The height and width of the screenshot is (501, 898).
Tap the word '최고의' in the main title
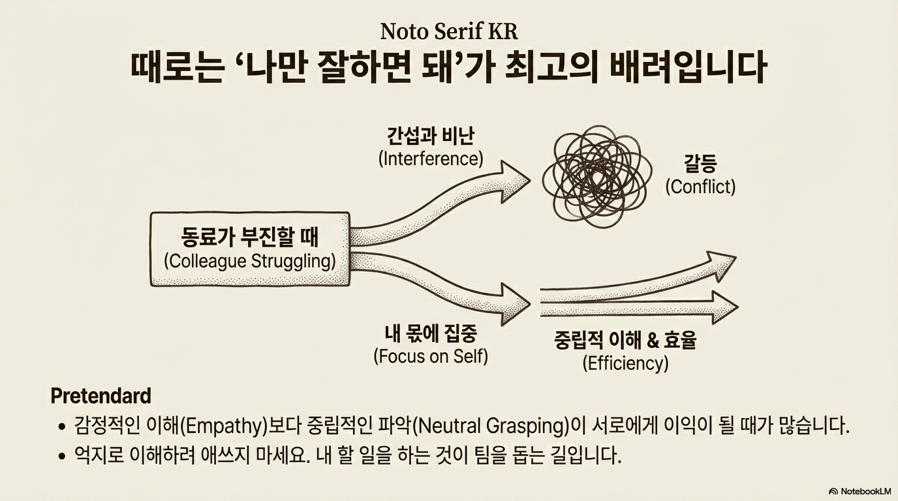561,68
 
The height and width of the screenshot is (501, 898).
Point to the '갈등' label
700,164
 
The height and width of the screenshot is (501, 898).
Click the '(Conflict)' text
700,187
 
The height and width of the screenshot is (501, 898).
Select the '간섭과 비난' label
431,136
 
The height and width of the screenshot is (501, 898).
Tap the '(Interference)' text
431,159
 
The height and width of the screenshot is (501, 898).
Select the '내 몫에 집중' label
431,334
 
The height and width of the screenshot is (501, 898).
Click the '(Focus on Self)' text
431,357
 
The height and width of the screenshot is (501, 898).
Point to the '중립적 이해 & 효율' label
625,340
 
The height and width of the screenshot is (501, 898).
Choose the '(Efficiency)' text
625,363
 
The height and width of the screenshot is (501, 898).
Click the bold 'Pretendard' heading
101,395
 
